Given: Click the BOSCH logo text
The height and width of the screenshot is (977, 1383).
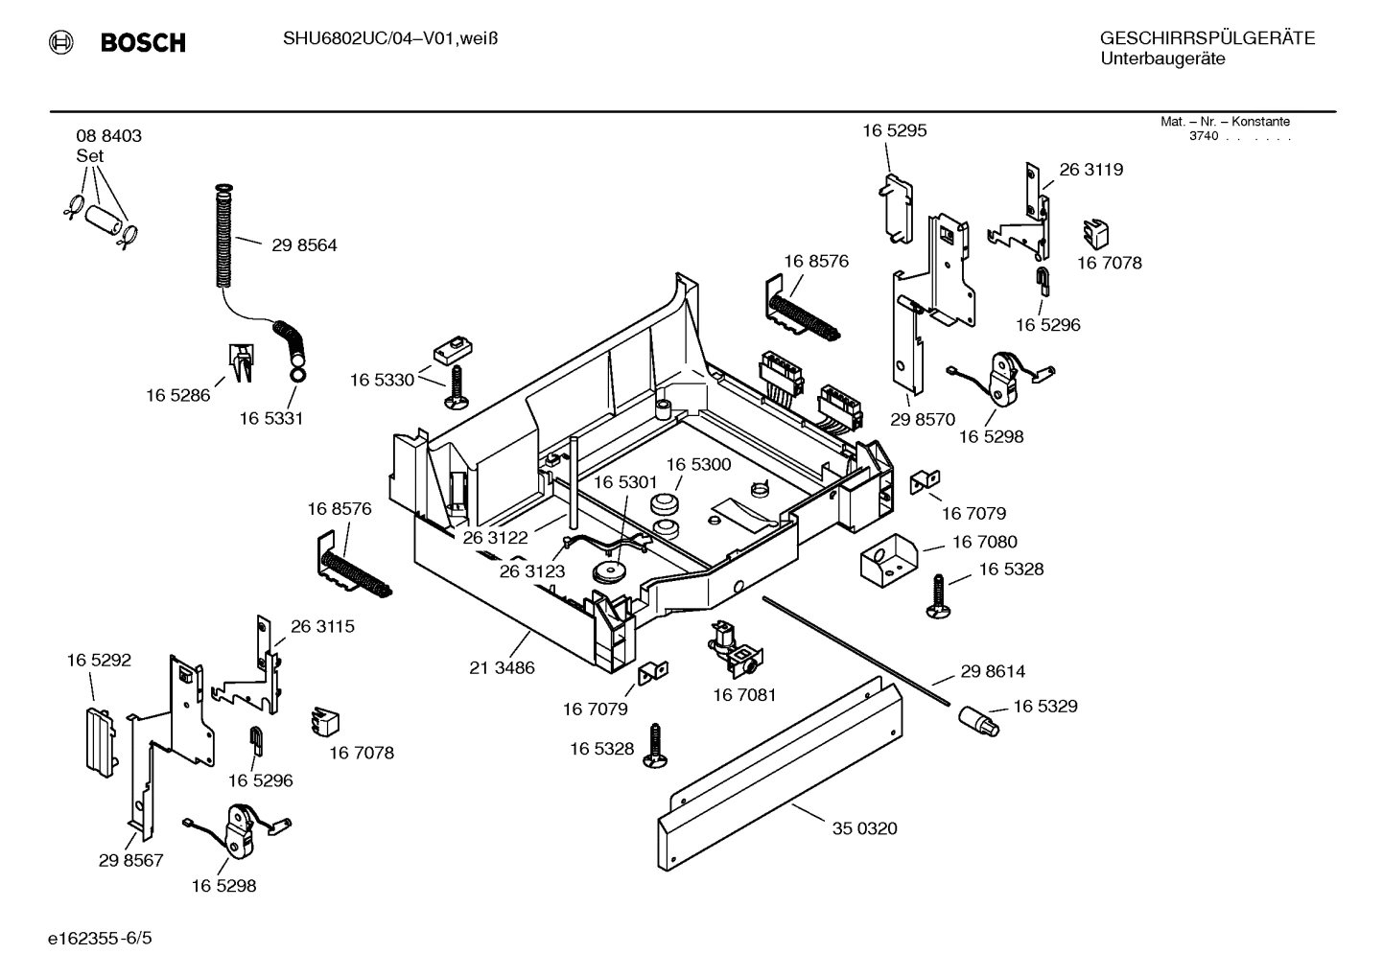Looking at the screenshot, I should click(142, 42).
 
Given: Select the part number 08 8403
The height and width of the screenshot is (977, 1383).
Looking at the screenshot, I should click(108, 136).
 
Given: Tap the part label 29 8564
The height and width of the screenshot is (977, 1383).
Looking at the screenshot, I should click(304, 245).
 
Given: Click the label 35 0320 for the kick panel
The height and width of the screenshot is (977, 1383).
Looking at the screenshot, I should click(864, 828).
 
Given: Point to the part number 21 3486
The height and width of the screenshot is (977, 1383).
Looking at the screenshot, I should click(502, 667).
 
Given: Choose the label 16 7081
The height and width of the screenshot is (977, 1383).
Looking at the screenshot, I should click(744, 694).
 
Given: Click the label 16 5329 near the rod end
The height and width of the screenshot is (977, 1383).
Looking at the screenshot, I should click(1044, 707).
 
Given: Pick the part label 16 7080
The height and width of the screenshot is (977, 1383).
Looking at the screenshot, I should click(984, 543).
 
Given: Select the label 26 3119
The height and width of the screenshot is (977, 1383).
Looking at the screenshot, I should click(1090, 170).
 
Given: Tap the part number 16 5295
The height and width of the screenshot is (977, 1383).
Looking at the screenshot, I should click(894, 130).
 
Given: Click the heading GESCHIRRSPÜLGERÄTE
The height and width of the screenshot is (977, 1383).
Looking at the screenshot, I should click(1207, 38).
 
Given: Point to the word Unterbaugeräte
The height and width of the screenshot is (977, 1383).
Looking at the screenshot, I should click(1162, 59).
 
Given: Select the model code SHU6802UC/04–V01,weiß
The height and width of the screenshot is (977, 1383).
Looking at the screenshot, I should click(389, 38).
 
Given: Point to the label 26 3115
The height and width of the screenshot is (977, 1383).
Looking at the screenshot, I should click(322, 626).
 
